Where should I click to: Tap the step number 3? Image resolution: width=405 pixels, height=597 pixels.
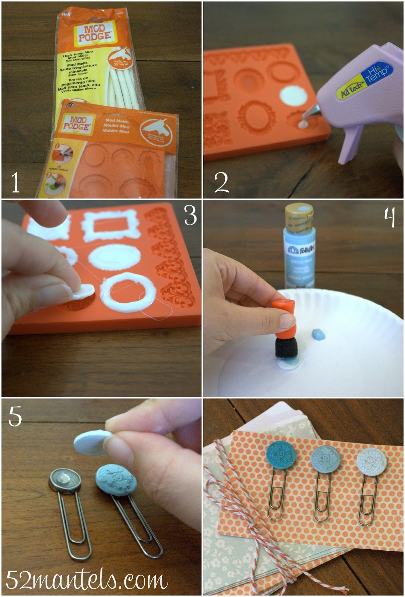coord(190,215)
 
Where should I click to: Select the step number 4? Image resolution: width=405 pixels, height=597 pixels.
coord(389,217)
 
